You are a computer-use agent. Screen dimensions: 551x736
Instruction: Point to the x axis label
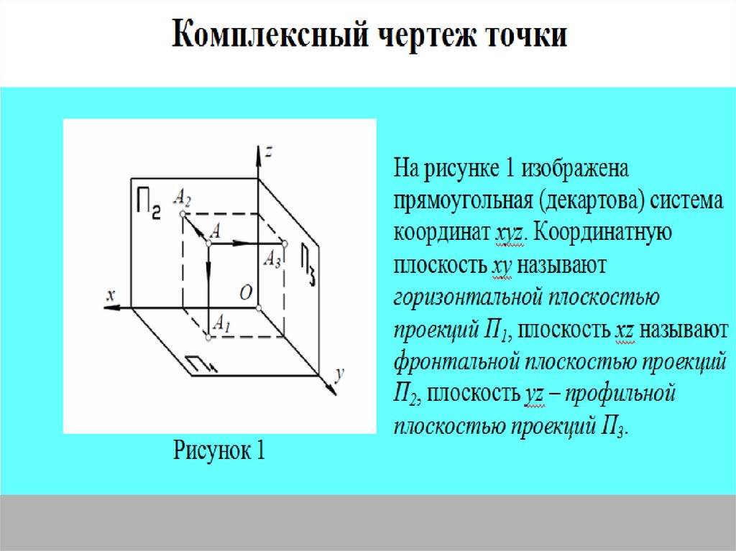coord(110,295)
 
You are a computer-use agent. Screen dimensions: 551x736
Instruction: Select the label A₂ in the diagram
coord(182,196)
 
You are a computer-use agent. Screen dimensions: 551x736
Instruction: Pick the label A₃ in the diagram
coord(272,259)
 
